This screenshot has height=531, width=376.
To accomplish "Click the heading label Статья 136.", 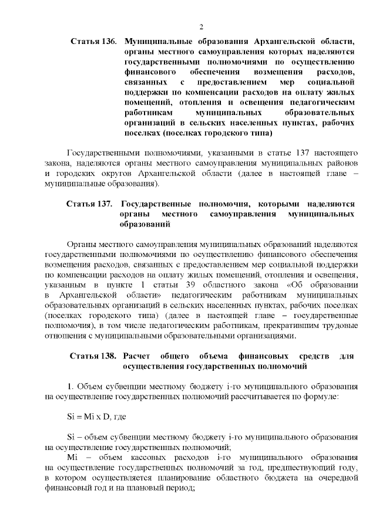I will pyautogui.click(x=93, y=41).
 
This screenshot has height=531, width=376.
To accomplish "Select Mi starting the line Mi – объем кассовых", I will pyautogui.click(x=72, y=456).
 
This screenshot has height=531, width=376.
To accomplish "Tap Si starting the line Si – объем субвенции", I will pyautogui.click(x=72, y=437).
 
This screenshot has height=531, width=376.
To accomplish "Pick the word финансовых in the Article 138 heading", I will pyautogui.click(x=260, y=356).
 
